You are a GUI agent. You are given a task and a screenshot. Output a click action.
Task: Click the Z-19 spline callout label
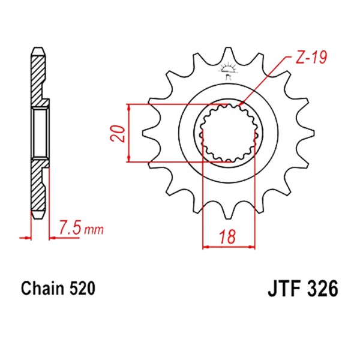pyautogui.click(x=311, y=58)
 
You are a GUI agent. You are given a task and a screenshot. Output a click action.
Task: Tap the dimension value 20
pyautogui.click(x=117, y=134)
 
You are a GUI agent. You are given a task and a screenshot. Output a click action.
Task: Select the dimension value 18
pyautogui.click(x=228, y=236)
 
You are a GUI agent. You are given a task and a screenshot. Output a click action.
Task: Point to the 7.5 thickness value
pyautogui.click(x=70, y=227)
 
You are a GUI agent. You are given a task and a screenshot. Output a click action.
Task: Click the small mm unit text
pyautogui.click(x=94, y=230)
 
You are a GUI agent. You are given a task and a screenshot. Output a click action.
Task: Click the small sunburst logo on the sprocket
pyautogui.click(x=227, y=70)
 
